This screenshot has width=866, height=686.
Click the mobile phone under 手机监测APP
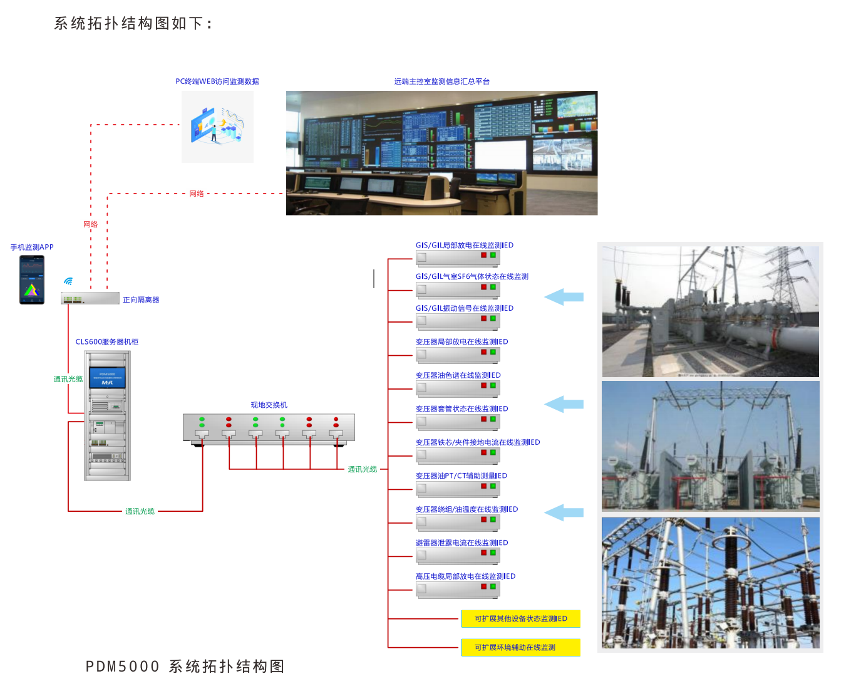32,280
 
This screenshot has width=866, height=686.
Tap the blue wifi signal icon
68,281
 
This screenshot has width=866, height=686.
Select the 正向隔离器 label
141,300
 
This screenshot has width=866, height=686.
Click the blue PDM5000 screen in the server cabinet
107,378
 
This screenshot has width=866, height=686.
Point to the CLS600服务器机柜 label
107,342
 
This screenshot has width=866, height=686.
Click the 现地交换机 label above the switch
269,405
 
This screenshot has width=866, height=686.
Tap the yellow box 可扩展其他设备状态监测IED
521,619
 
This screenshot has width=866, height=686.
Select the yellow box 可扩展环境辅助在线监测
521,648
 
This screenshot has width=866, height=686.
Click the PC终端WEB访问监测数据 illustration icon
218,127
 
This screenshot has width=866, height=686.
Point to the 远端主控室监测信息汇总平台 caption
442,81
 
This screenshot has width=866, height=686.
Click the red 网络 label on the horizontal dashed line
197,194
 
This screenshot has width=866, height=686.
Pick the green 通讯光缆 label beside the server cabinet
68,379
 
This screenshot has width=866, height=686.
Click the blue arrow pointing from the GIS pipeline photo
564,297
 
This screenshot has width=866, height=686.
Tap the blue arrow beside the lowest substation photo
564,512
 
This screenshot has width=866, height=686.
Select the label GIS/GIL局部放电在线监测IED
465,245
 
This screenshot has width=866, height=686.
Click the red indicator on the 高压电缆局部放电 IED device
483,586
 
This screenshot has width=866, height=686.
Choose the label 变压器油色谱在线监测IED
458,375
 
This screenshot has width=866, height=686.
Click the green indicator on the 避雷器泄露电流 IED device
493,553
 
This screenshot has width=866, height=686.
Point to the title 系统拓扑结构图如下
133,23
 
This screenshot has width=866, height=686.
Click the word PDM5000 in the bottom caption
123,667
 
